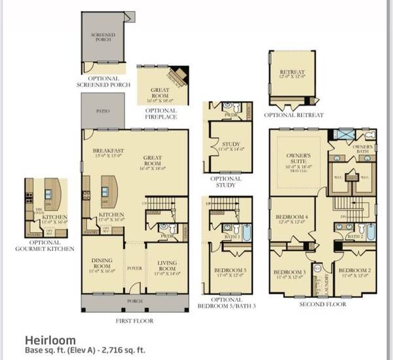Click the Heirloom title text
(50, 340)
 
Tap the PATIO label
(103, 111)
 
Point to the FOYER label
(134, 268)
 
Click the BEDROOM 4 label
(289, 216)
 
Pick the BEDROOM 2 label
(354, 271)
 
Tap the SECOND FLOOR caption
(322, 304)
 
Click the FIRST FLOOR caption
(134, 321)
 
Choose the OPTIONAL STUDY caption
(226, 182)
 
